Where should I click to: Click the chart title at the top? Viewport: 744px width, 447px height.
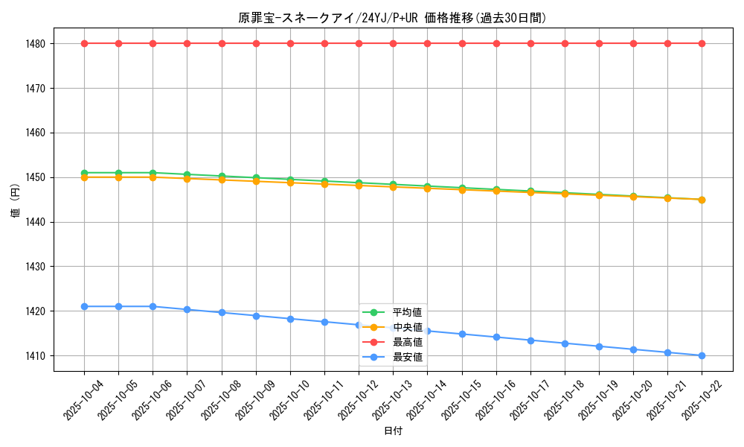pyautogui.click(x=392, y=18)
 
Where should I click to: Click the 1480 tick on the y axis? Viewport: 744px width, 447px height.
pyautogui.click(x=35, y=44)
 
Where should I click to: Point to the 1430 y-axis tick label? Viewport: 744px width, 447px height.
pyautogui.click(x=35, y=267)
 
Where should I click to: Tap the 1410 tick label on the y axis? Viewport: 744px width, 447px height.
pyautogui.click(x=35, y=356)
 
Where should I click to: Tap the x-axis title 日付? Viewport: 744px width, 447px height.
pyautogui.click(x=392, y=431)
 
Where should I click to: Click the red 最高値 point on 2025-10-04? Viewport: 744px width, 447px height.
pyautogui.click(x=84, y=43)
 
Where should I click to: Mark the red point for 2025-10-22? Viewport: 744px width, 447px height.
pyautogui.click(x=702, y=43)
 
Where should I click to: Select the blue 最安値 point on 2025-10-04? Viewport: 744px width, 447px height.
pyautogui.click(x=84, y=306)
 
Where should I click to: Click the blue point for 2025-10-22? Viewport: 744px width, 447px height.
pyautogui.click(x=702, y=355)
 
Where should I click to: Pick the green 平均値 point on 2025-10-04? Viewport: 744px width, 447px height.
pyautogui.click(x=84, y=173)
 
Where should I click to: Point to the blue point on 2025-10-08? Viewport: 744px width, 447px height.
pyautogui.click(x=222, y=312)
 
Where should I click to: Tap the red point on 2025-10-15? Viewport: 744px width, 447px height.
pyautogui.click(x=462, y=43)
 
